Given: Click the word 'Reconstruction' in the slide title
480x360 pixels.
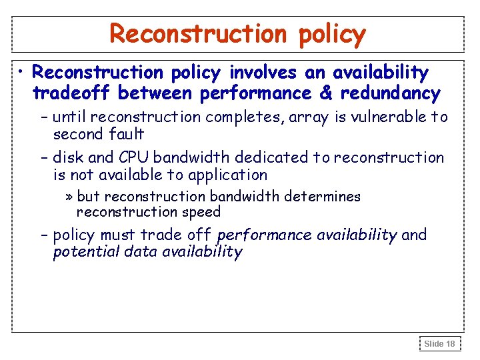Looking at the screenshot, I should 197,33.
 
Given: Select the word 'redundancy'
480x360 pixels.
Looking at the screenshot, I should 390,93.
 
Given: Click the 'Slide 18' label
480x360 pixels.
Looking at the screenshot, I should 440,344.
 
